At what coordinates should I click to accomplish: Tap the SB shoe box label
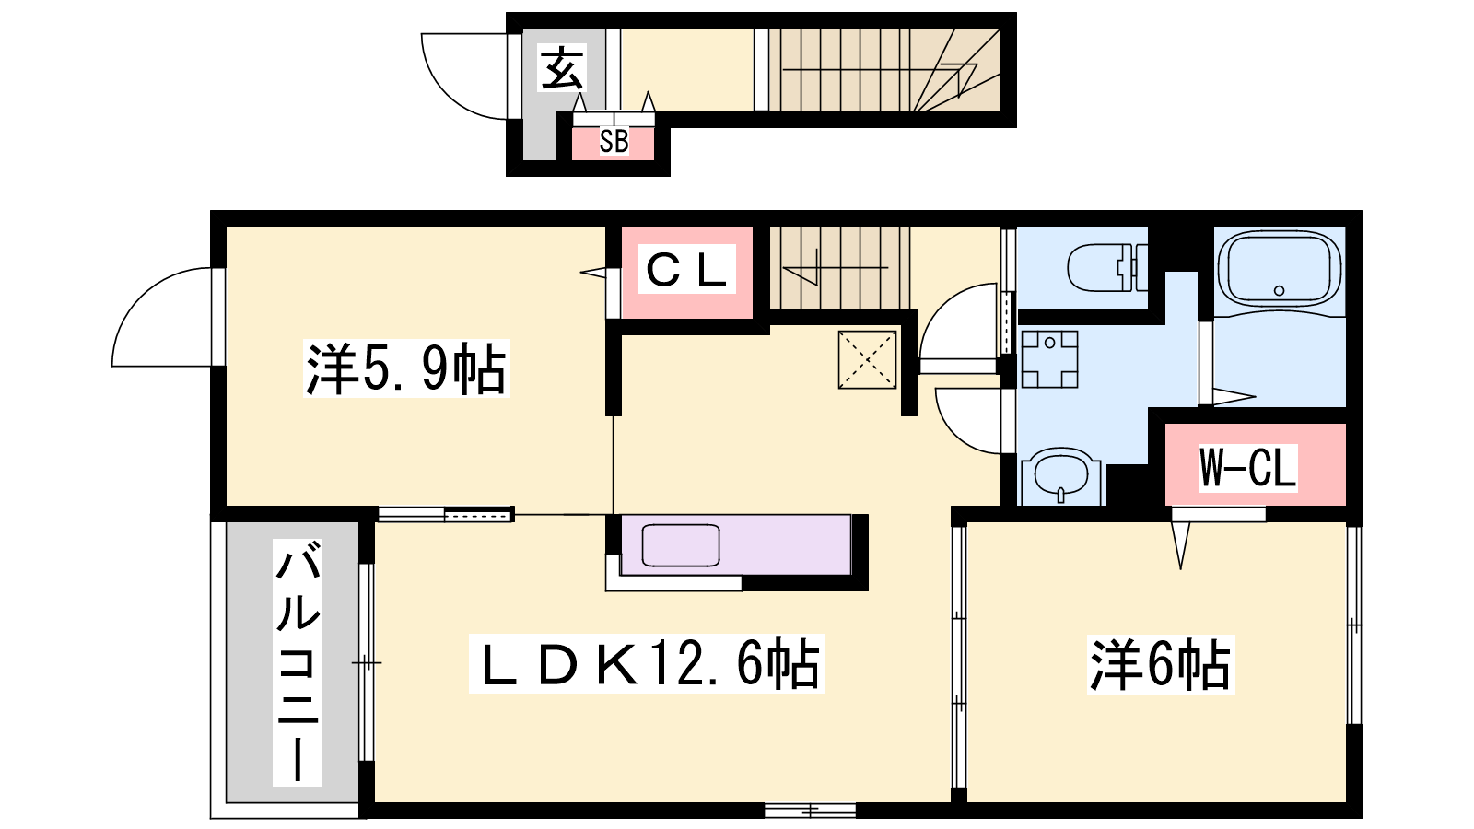(x=614, y=142)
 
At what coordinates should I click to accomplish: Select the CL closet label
(x=686, y=271)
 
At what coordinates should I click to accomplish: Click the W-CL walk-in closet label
(x=1247, y=468)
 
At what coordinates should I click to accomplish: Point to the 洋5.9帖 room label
(x=406, y=368)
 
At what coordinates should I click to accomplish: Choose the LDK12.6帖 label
(x=646, y=663)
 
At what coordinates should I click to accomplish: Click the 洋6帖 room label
(x=1160, y=664)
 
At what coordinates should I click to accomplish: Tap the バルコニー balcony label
(x=298, y=662)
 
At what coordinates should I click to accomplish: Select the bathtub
(x=1280, y=269)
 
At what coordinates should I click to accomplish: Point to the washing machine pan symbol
(x=1049, y=359)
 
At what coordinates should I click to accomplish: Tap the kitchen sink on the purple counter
(x=681, y=544)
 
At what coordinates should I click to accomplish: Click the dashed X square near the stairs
(x=867, y=359)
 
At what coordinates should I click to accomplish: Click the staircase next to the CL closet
(x=839, y=268)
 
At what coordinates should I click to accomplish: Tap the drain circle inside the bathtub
(x=1280, y=290)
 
